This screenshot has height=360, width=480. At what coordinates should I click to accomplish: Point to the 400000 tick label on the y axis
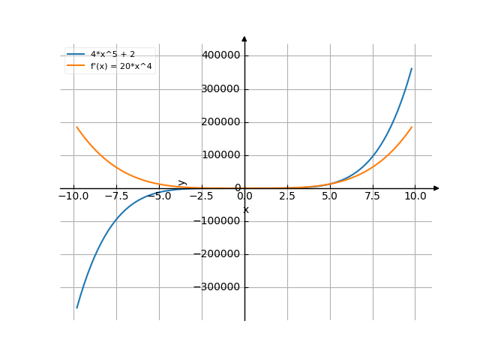(x=220, y=55)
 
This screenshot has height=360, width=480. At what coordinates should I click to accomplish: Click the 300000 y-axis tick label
(x=220, y=89)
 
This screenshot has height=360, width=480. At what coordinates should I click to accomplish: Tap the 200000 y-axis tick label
(x=220, y=122)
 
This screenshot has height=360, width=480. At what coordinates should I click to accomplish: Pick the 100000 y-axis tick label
(x=220, y=155)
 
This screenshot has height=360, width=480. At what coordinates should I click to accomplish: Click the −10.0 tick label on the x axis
(x=73, y=196)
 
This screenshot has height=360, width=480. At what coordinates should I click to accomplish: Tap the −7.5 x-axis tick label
(x=116, y=196)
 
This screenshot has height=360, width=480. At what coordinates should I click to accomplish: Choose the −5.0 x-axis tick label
(x=159, y=196)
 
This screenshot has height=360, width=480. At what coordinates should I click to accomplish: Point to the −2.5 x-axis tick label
(x=202, y=196)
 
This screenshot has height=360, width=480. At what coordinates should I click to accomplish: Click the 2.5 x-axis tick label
(x=287, y=196)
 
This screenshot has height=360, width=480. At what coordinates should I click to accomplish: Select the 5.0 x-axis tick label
(x=330, y=196)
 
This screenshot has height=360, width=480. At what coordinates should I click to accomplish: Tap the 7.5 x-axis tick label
(x=373, y=196)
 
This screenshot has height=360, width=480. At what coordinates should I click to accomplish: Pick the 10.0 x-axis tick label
(x=415, y=196)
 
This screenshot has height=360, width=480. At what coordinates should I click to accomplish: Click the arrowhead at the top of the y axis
(x=244, y=38)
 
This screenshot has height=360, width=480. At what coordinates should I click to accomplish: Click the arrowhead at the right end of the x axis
(x=436, y=188)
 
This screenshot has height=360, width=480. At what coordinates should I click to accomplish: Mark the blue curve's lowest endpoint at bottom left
(x=76, y=307)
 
